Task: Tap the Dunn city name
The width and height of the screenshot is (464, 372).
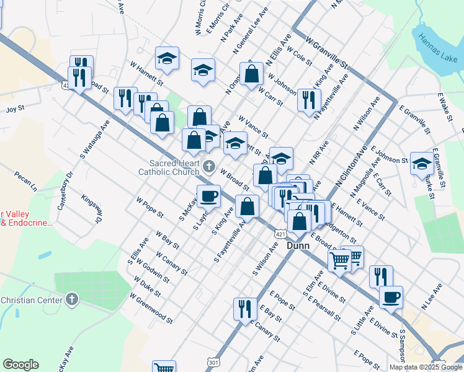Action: (x=298, y=246)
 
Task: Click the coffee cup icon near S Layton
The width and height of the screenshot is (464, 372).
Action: (x=208, y=196)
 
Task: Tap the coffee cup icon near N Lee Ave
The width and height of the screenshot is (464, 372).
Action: (x=391, y=297)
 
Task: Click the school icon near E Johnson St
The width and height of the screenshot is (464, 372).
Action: (x=421, y=163)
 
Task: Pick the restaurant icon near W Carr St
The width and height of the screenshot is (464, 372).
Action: (x=309, y=99)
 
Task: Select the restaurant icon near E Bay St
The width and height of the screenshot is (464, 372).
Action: (x=245, y=308)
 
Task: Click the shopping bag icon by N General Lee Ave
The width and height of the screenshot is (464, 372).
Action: (x=252, y=73)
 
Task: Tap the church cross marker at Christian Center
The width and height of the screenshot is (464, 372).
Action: (x=72, y=300)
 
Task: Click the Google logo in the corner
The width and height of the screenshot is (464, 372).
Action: (x=20, y=365)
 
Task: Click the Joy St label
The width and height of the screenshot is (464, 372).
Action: (x=15, y=108)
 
